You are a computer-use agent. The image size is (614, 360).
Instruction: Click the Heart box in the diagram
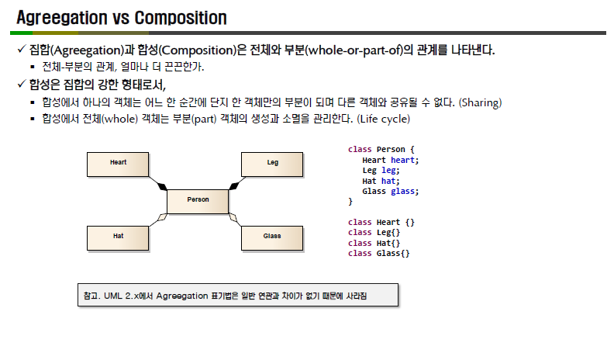click(x=118, y=163)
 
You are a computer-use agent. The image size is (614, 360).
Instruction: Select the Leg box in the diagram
click(x=272, y=163)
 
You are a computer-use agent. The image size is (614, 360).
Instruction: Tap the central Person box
click(x=198, y=200)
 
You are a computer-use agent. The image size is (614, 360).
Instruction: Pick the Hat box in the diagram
click(x=118, y=236)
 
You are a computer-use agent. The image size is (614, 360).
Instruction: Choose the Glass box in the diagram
click(x=272, y=236)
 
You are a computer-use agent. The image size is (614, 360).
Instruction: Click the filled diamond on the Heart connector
click(x=161, y=186)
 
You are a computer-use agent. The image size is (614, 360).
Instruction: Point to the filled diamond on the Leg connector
click(x=233, y=186)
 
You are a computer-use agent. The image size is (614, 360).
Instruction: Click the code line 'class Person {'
click(x=382, y=148)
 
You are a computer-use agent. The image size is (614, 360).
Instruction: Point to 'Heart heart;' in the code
click(x=390, y=160)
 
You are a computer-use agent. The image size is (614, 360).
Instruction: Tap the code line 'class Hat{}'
click(x=374, y=243)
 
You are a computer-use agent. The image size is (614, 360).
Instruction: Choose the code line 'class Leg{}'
click(x=374, y=233)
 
